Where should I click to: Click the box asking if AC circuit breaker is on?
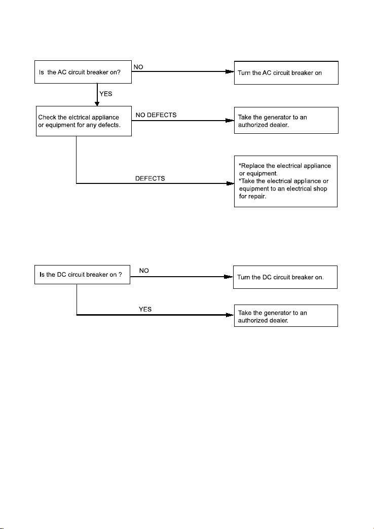coord(83,72)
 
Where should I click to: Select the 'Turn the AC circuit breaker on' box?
coord(286,73)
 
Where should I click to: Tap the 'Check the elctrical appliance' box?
coord(84,121)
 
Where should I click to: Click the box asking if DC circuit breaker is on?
coord(83,275)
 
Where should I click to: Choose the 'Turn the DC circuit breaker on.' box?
coord(285,277)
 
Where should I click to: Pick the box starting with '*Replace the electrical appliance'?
coord(286,181)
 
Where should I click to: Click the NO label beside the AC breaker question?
coord(138,67)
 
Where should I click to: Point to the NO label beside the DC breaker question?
coord(144,271)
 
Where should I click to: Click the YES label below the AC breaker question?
coord(105,94)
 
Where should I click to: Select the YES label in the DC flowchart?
coord(145,310)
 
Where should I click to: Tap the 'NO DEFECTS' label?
coord(156,115)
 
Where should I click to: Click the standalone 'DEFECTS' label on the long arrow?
coord(150,178)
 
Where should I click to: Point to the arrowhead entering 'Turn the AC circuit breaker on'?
coord(230,71)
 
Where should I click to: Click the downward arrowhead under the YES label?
coord(97,103)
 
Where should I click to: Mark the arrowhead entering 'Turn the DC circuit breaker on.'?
coord(229,277)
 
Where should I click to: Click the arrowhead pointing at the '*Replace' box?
coord(230,183)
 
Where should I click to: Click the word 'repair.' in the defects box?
coord(257,197)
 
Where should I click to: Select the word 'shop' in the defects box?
coord(320,188)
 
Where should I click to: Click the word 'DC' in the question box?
coord(61,275)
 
